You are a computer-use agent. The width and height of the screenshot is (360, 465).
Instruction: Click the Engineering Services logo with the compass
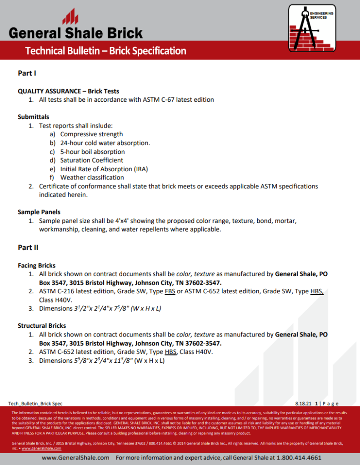(x=312, y=28)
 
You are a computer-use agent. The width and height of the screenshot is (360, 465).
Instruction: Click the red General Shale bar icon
(x=70, y=18)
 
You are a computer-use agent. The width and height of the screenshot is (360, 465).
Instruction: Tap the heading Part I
(x=27, y=73)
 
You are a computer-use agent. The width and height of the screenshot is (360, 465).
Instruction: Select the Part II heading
(x=28, y=247)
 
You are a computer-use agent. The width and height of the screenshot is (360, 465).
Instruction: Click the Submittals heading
(x=34, y=117)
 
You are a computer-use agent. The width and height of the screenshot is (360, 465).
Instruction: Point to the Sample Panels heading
(x=39, y=212)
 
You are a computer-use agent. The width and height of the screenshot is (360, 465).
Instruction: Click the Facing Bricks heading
(x=36, y=265)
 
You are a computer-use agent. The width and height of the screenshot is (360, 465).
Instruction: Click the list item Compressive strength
(x=91, y=134)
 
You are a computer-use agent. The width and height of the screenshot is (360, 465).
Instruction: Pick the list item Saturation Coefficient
(x=92, y=160)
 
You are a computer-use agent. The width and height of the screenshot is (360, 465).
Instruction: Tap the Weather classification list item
(x=92, y=178)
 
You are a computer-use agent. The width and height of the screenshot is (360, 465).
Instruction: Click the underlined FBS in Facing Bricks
(x=170, y=292)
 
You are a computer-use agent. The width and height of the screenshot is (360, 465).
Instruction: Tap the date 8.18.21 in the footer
(x=302, y=403)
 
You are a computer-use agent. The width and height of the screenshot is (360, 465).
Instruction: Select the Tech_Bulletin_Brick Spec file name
(x=35, y=403)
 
